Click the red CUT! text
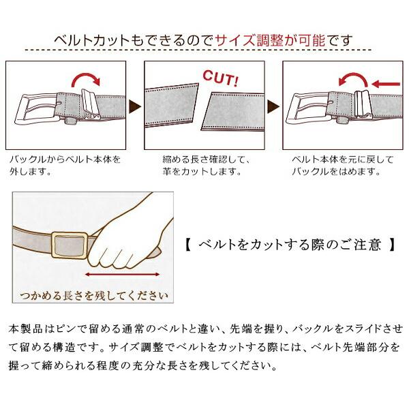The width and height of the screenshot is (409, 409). (x=220, y=78)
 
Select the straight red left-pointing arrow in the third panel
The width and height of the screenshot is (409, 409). (x=386, y=84)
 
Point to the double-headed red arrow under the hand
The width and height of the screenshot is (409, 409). (x=122, y=275)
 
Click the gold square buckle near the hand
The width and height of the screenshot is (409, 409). (x=70, y=245)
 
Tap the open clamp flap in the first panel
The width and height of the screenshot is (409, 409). (x=90, y=104)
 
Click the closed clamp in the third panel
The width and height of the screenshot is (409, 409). (x=362, y=104)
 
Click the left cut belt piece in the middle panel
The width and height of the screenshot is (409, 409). (x=171, y=105)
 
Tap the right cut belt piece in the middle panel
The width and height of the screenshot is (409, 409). (x=232, y=112)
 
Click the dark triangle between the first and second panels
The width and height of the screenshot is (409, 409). (x=135, y=107)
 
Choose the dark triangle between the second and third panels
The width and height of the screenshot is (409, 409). (x=273, y=107)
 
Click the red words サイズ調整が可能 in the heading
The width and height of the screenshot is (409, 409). (x=271, y=40)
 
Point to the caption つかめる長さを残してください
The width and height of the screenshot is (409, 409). (x=94, y=296)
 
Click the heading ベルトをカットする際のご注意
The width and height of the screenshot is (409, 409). (x=290, y=245)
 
